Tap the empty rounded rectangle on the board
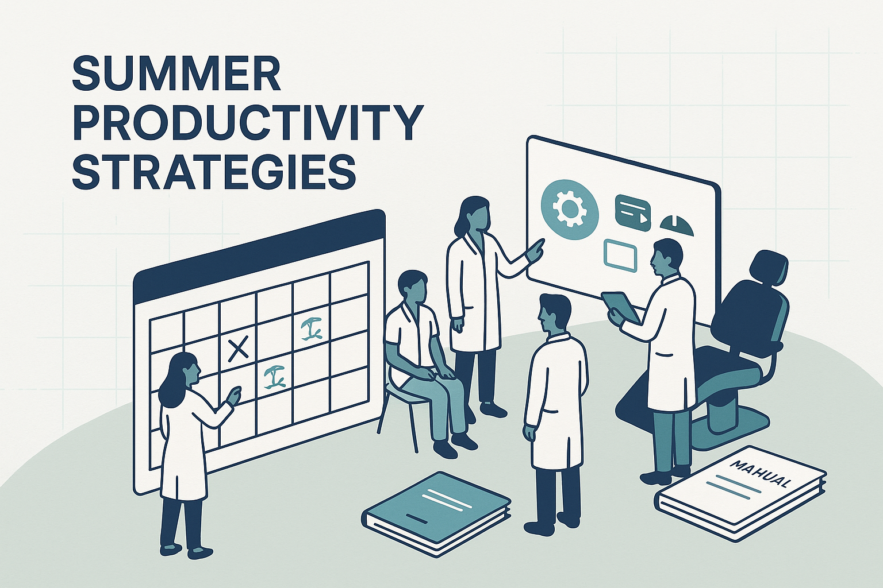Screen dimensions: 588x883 point(620,256)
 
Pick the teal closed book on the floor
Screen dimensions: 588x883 point(437,505)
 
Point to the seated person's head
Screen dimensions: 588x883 point(413,287)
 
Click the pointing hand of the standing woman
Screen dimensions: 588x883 point(536,248)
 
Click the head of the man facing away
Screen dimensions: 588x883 point(554,313)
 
